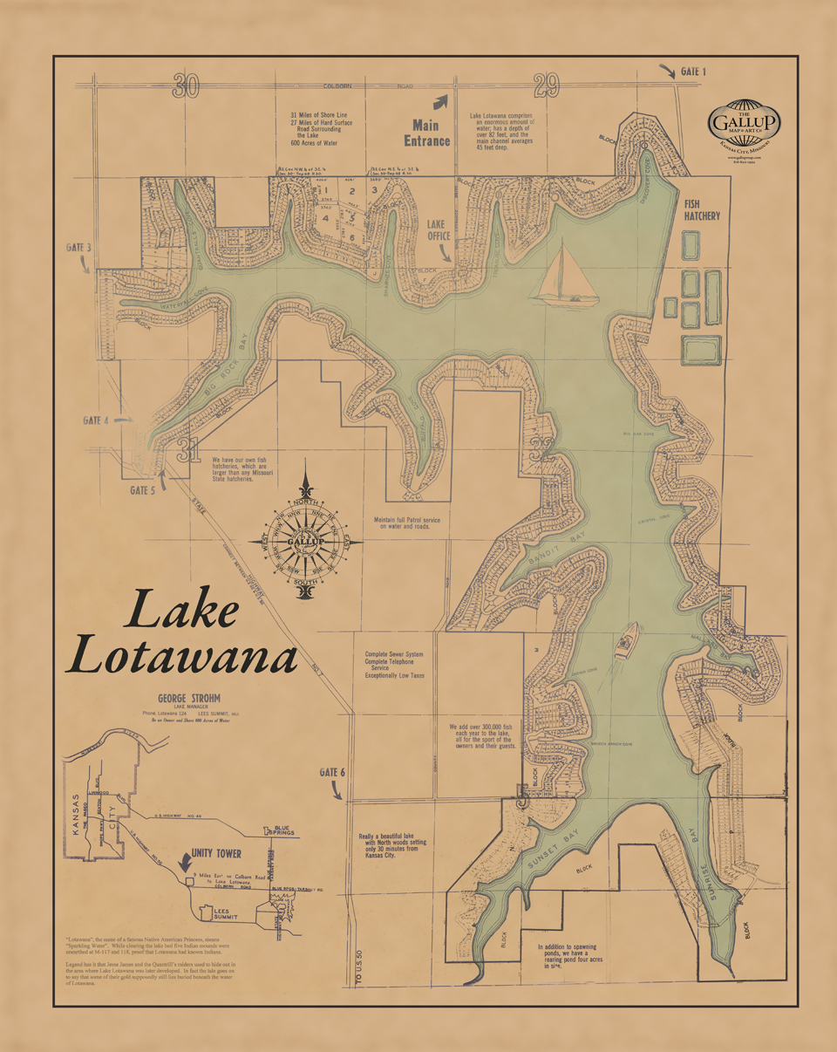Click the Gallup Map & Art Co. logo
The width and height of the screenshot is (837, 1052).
pyautogui.click(x=744, y=127)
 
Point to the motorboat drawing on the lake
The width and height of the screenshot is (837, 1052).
pyautogui.click(x=625, y=642)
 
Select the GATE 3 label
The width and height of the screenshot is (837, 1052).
pyautogui.click(x=78, y=248)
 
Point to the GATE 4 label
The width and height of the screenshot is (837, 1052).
pyautogui.click(x=95, y=420)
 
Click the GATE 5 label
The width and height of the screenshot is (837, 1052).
pyautogui.click(x=142, y=490)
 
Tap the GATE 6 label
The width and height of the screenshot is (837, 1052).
pyautogui.click(x=332, y=773)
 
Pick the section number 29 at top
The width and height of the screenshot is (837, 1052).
pyautogui.click(x=546, y=85)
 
